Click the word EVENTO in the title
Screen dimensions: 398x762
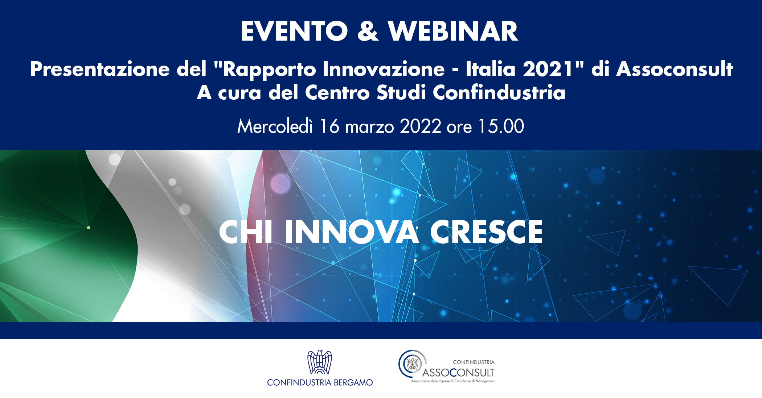(x=294, y=32)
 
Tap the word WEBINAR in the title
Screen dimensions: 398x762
(x=453, y=32)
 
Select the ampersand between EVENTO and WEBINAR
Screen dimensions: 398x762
(x=368, y=32)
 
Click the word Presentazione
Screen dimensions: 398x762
(x=100, y=69)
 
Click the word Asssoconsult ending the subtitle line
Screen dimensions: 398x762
(x=675, y=69)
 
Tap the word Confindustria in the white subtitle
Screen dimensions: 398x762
(x=499, y=92)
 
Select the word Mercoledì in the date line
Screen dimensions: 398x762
(x=275, y=126)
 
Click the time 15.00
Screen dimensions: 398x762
(x=501, y=126)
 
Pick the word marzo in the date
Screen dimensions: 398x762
(x=369, y=127)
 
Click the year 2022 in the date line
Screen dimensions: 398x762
(x=421, y=126)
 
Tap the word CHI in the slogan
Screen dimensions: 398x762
(x=245, y=232)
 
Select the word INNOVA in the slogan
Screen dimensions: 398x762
(x=352, y=232)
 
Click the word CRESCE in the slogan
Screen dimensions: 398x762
(x=486, y=232)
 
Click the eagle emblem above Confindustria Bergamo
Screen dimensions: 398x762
(x=320, y=362)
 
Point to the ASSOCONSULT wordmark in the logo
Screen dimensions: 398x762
(x=458, y=373)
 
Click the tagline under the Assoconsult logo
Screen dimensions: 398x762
(x=452, y=381)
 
